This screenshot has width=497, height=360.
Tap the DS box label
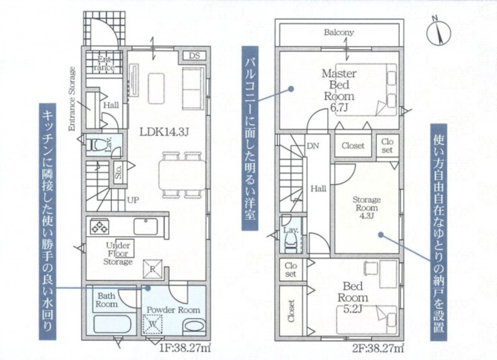tap(194, 56)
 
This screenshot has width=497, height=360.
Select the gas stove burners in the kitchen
tap(99, 227)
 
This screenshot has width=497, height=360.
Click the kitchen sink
tap(145, 227)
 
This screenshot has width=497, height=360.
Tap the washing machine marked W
tap(153, 324)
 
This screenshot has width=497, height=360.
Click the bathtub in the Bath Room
tap(112, 323)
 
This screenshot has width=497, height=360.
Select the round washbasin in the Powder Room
tap(194, 326)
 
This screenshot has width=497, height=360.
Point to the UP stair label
tap(133, 200)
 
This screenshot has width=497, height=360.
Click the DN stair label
tap(313, 146)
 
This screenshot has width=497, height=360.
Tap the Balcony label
tap(339, 32)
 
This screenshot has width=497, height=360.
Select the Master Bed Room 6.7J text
tap(339, 91)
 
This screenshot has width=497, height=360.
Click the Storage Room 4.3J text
tap(367, 208)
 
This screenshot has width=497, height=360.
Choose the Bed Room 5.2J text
tap(353, 298)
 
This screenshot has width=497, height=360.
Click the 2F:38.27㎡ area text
tap(378, 348)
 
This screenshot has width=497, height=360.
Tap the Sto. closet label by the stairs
tap(119, 172)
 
